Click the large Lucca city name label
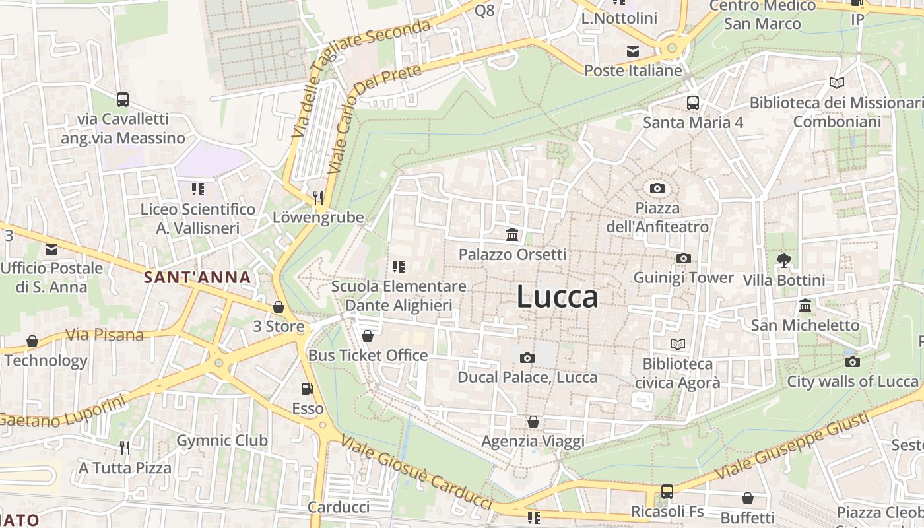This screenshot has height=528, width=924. [558, 296]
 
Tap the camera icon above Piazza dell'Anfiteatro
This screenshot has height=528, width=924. [657, 189]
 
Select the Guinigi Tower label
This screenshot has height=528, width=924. [683, 278]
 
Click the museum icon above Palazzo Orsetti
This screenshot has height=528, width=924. [511, 234]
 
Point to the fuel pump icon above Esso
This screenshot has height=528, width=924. [307, 389]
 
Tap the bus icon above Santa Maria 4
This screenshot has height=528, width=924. [692, 102]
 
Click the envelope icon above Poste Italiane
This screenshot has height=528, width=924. [633, 51]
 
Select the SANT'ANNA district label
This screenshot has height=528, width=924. [198, 278]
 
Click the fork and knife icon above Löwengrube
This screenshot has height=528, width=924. [317, 197]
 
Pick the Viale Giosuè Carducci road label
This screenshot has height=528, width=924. [417, 472]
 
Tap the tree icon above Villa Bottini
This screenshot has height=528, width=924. [783, 260]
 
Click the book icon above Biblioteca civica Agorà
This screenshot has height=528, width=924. [677, 344]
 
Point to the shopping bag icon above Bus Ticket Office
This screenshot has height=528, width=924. [368, 336]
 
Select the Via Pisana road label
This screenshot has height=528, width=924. [105, 335]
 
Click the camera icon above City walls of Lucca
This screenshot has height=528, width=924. [852, 362]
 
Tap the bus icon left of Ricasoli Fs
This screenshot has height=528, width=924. [667, 492]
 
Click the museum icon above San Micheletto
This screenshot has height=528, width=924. [805, 305]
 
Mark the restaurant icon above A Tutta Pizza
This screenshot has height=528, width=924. [125, 448]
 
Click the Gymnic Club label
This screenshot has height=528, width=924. [222, 440]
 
